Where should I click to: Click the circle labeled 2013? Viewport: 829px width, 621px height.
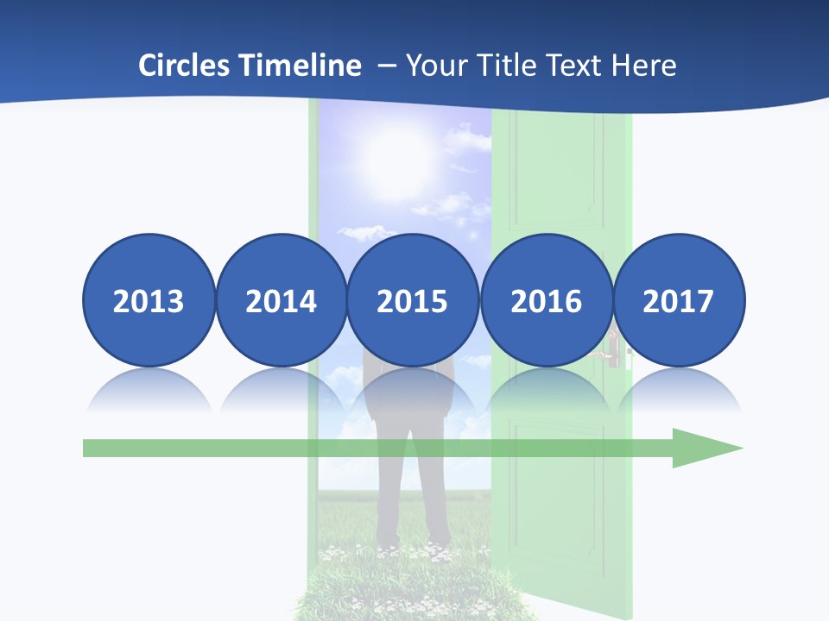[x=149, y=300]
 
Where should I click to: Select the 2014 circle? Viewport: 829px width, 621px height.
[x=281, y=300]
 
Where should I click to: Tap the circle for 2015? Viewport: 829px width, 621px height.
[x=413, y=300]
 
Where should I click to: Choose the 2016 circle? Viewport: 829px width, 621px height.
[x=546, y=300]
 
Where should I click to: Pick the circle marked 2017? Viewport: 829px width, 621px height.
[x=678, y=300]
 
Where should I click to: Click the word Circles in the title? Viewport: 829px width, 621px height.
[x=185, y=65]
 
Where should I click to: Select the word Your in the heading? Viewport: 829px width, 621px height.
[x=434, y=65]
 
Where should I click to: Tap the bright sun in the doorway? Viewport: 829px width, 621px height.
[x=396, y=155]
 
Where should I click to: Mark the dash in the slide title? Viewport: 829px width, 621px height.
[x=387, y=66]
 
